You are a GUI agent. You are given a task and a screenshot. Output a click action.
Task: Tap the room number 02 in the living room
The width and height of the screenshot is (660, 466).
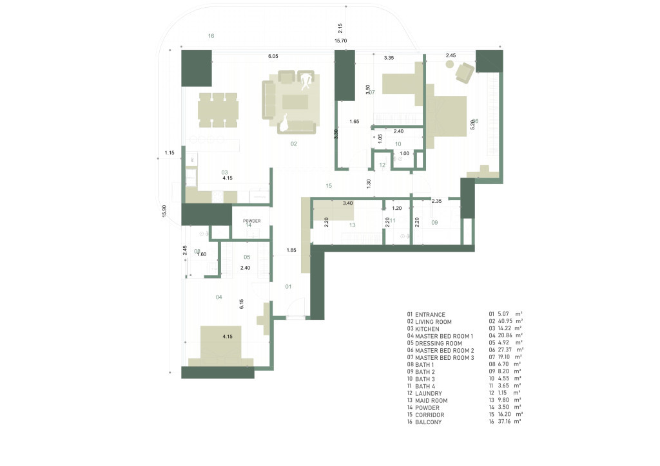point(293,144)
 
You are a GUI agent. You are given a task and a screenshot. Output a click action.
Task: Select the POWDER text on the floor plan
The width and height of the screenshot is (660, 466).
point(251,221)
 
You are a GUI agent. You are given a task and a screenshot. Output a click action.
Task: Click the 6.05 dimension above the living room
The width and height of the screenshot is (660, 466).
point(273,57)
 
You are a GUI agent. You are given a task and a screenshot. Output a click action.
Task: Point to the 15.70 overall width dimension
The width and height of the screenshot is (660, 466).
point(340,41)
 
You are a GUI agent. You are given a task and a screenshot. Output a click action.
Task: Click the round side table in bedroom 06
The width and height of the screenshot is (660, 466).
point(449,66)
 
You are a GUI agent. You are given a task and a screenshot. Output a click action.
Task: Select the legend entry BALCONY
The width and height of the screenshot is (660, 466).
point(428,422)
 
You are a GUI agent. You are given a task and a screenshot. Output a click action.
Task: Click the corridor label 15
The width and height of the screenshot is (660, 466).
point(329,185)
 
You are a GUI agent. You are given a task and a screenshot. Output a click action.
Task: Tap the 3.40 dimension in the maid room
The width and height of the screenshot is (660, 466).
point(347,203)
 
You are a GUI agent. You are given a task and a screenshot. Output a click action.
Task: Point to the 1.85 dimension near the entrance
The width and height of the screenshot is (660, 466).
point(292,249)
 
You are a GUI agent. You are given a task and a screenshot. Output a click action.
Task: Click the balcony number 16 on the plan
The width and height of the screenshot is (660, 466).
point(211,36)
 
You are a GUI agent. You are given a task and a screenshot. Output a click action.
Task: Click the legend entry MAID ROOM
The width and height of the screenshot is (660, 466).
point(431,400)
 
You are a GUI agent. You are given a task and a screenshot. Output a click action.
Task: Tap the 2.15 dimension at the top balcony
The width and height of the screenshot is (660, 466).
point(340,28)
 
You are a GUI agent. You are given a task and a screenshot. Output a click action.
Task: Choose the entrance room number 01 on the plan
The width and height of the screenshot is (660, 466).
point(289,286)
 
